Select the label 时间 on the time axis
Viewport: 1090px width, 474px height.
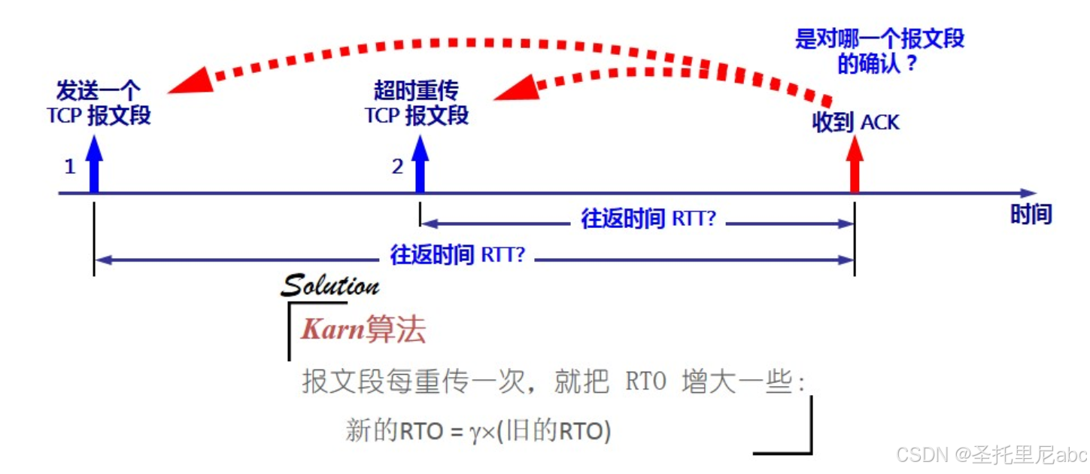1031,214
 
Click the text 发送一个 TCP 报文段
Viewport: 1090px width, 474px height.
99,104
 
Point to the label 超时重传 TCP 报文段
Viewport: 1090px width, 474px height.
417,104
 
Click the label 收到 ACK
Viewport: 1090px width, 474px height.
855,122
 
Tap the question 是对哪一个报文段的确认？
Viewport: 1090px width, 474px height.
879,50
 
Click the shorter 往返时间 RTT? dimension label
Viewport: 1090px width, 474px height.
648,219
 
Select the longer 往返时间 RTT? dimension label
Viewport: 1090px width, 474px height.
457,254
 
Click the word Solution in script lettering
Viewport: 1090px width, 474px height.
329,285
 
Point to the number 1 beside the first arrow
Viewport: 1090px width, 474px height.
70,166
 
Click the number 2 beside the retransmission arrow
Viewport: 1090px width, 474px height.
397,166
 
